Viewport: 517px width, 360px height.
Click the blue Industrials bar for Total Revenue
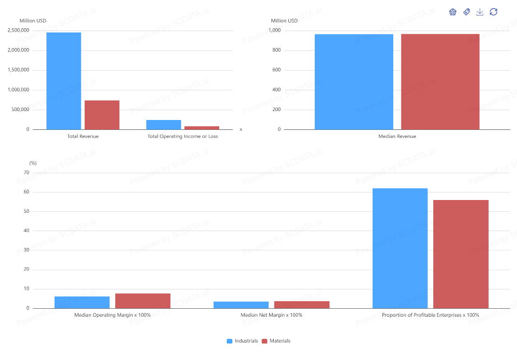tap(64, 81)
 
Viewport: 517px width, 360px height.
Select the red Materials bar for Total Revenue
tap(102, 115)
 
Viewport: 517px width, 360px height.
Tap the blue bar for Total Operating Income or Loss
tap(164, 125)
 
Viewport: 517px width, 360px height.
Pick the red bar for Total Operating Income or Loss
tap(202, 128)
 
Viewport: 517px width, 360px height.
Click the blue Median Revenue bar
tap(354, 82)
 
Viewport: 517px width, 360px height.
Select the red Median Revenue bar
tap(440, 82)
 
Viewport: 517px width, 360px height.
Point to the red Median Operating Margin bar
tap(143, 301)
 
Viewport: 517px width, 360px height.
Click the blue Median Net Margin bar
tap(241, 305)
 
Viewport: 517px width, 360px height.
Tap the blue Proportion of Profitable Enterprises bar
tap(400, 248)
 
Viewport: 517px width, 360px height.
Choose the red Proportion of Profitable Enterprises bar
tap(461, 254)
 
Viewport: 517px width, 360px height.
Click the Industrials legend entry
tap(242, 341)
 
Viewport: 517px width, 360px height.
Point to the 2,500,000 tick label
tap(18, 31)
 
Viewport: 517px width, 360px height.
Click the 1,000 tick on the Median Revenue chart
tap(274, 31)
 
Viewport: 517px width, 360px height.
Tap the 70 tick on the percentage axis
tap(26, 173)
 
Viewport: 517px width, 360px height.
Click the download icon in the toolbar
tap(480, 12)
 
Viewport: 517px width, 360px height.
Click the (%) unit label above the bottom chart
tap(33, 163)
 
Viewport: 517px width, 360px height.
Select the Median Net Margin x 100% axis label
tap(271, 315)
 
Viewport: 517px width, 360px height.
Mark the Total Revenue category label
tap(83, 136)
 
